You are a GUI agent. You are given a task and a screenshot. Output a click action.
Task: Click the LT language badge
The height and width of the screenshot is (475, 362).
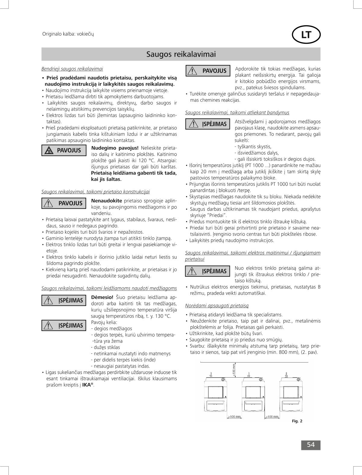click(306, 35)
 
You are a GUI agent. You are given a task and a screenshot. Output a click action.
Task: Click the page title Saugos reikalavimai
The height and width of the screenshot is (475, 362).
click(181, 54)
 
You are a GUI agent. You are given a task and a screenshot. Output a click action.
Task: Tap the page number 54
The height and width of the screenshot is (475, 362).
click(311, 445)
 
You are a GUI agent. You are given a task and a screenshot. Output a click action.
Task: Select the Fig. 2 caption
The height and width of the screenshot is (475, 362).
click(297, 421)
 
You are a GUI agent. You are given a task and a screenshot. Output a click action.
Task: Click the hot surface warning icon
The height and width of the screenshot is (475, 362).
click(48, 150)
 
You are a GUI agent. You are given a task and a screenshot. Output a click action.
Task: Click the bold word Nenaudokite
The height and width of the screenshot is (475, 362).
click(106, 201)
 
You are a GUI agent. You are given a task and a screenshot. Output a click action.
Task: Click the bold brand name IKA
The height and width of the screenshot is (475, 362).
click(86, 385)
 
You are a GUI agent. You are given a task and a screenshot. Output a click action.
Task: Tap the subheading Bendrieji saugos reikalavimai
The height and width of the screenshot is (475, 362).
click(72, 69)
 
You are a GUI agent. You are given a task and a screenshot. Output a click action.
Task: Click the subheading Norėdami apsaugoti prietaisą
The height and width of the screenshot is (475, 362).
click(217, 306)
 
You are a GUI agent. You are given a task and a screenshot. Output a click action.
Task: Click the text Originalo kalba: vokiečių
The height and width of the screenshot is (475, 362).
click(68, 34)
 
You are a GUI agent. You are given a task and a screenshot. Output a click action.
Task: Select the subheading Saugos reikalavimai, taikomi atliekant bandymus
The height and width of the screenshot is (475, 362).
click(237, 112)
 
